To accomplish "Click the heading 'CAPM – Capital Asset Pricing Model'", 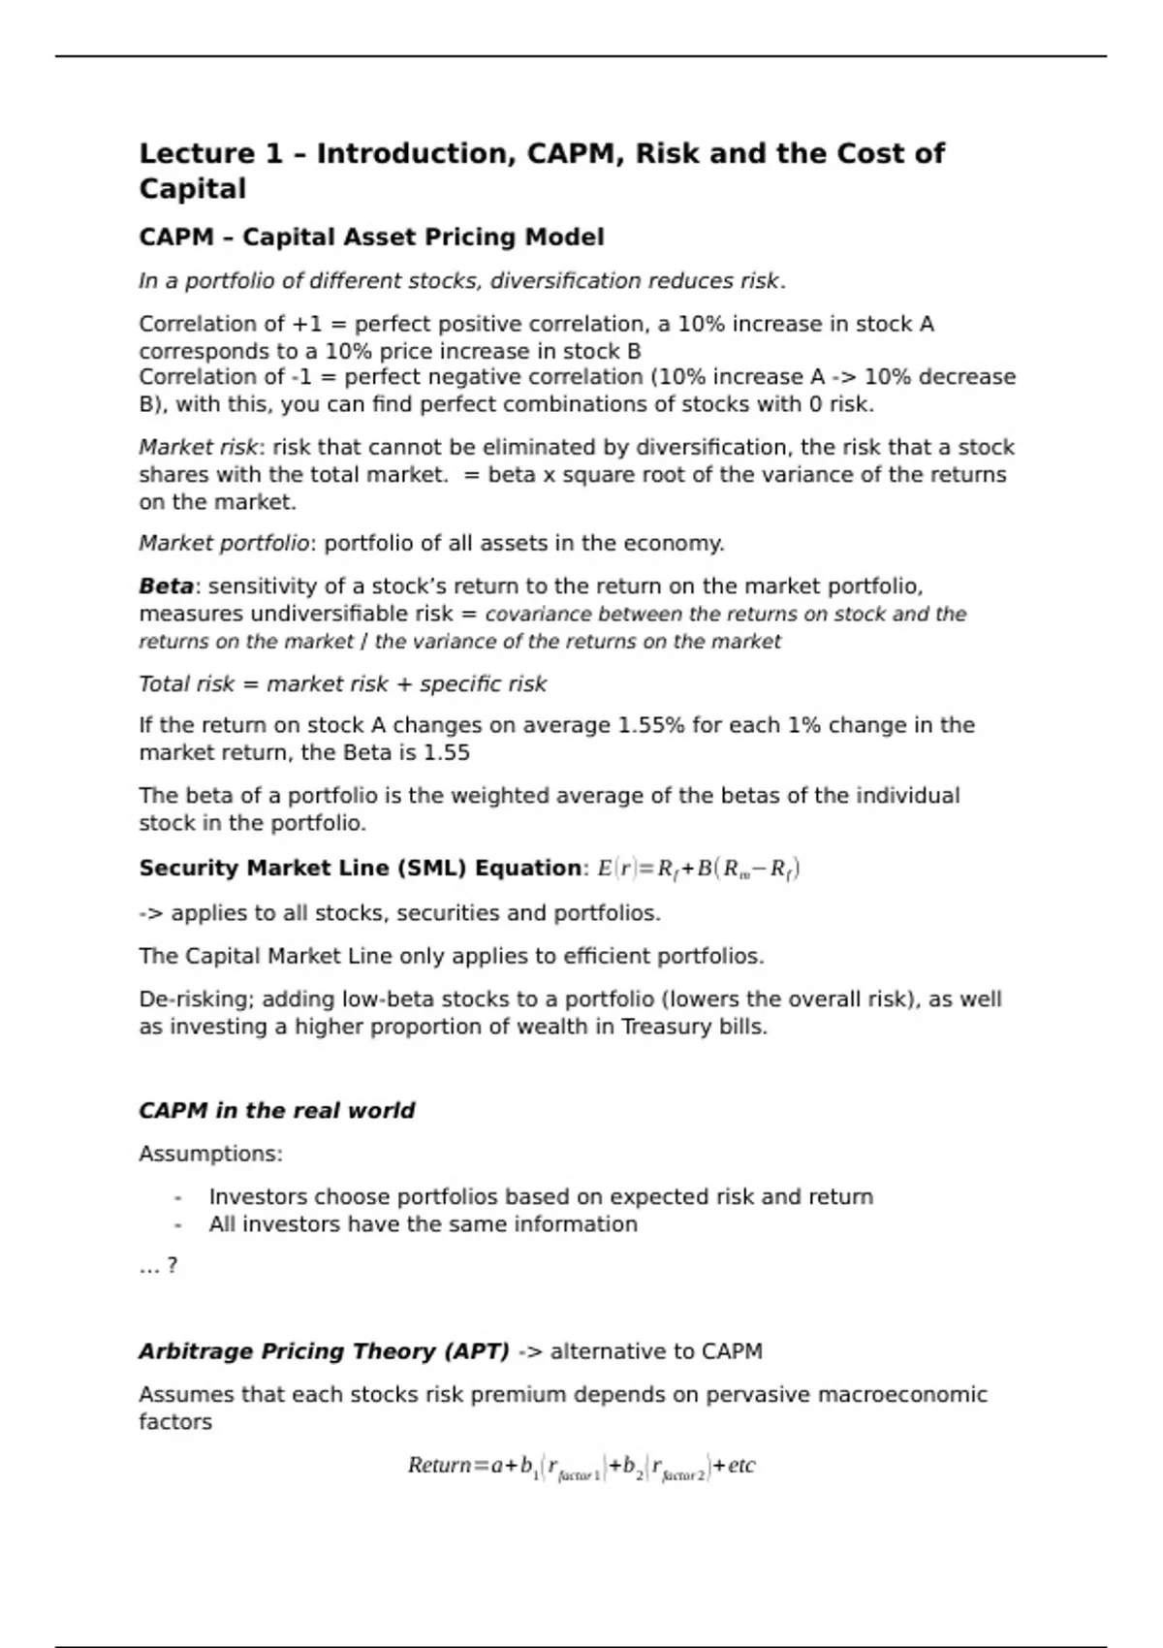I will click(x=371, y=238).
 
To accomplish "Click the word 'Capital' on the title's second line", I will click(x=192, y=189).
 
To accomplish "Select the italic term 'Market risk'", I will click(x=198, y=448).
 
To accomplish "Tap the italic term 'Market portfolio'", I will click(x=224, y=544).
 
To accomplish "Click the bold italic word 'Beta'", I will click(x=166, y=586).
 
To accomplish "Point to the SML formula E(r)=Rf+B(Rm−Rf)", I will click(x=698, y=869).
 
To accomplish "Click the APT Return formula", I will click(x=581, y=1467).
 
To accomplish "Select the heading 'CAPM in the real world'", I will click(x=276, y=1111).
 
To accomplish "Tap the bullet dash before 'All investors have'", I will click(x=177, y=1225).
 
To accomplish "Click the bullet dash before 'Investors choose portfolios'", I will click(x=177, y=1198).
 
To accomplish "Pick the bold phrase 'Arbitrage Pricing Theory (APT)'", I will click(x=324, y=1351).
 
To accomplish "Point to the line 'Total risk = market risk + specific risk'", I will click(x=342, y=684).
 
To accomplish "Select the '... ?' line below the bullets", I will click(x=158, y=1266).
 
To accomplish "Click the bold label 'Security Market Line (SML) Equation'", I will click(x=360, y=869).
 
